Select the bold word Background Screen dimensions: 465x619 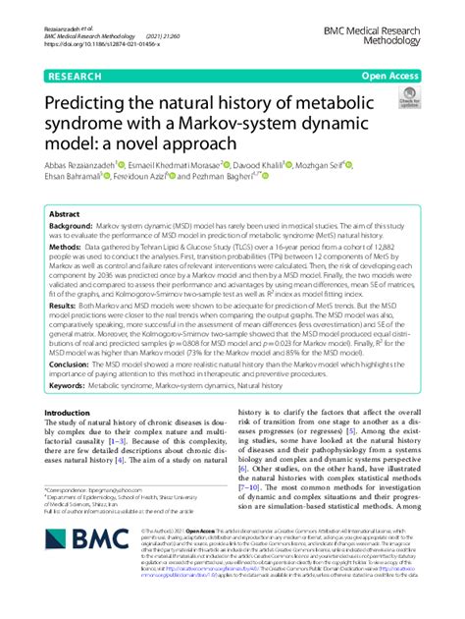tap(71, 226)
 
